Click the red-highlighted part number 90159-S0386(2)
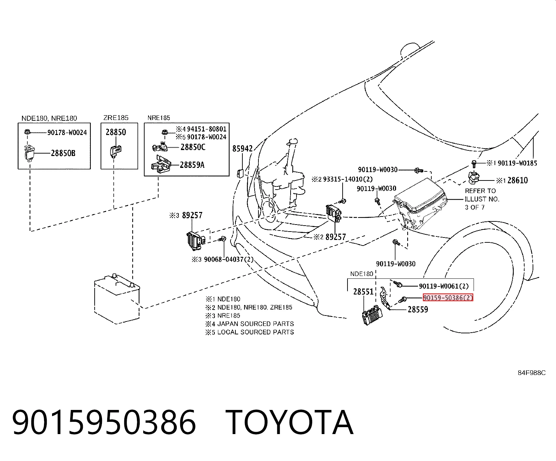tap(448, 297)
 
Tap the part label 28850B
tap(63, 153)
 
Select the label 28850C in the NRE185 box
tap(193, 147)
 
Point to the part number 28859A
tap(192, 165)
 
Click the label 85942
tap(242, 149)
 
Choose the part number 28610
tap(517, 180)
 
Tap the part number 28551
tap(363, 292)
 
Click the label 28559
tap(418, 310)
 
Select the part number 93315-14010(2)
tap(348, 179)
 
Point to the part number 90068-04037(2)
tap(229, 259)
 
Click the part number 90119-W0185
tap(517, 163)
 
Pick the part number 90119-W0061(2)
tap(444, 286)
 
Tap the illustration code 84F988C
tap(532, 373)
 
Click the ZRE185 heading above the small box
tap(116, 118)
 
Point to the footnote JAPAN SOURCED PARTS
tap(256, 324)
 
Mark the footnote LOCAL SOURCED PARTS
tap(256, 332)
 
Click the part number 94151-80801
tap(207, 129)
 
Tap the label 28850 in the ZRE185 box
tap(116, 132)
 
